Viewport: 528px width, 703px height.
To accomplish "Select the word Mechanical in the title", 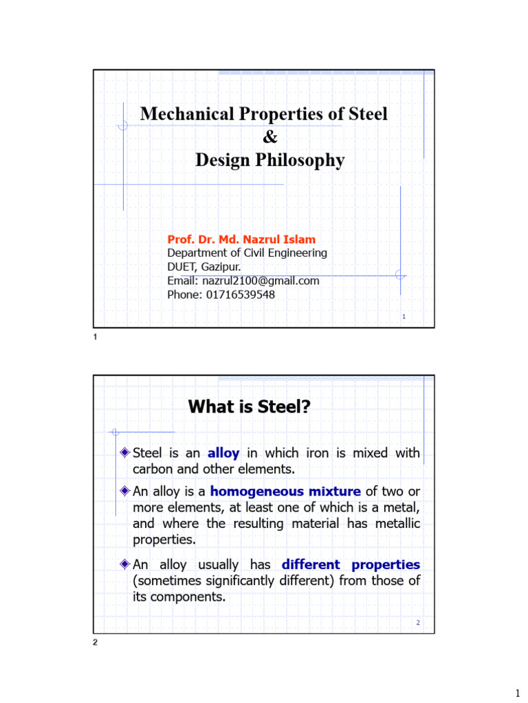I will (x=181, y=114).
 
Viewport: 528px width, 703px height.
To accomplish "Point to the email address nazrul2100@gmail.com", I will (x=261, y=281).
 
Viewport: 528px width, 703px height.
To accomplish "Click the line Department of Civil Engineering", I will (x=247, y=253).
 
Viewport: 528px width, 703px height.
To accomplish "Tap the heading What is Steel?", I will (x=250, y=407).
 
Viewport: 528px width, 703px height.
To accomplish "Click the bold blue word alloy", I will (x=223, y=453).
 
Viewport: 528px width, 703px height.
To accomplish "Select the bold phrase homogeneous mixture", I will (x=285, y=491).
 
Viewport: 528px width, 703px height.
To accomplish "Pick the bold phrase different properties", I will (x=351, y=565).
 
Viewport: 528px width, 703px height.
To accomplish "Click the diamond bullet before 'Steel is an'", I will (x=124, y=452).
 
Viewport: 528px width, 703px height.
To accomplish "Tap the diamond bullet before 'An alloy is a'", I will (x=124, y=490).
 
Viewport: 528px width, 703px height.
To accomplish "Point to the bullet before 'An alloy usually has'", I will (x=124, y=564).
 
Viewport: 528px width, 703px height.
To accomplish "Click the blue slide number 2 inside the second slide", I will (x=417, y=623).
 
